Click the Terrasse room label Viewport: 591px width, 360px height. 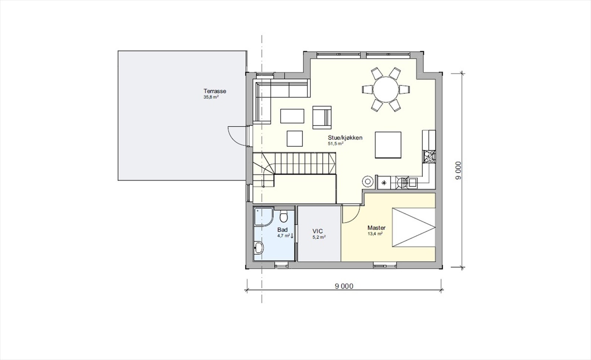click(x=215, y=91)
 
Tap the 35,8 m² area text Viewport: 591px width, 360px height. click(x=211, y=97)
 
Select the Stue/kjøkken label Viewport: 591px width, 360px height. click(x=345, y=138)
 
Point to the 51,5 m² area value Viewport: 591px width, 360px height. click(x=336, y=144)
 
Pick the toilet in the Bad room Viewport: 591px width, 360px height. click(x=284, y=215)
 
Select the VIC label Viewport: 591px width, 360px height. click(x=318, y=232)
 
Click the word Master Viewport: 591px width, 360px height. click(x=376, y=228)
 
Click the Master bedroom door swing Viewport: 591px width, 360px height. click(x=351, y=214)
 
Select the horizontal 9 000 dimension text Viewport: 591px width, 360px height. click(x=344, y=286)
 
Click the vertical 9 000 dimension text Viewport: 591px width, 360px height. click(x=458, y=171)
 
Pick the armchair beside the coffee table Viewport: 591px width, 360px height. click(x=322, y=117)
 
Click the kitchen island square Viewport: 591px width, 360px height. click(x=388, y=144)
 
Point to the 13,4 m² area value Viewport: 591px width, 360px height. click(x=375, y=234)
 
